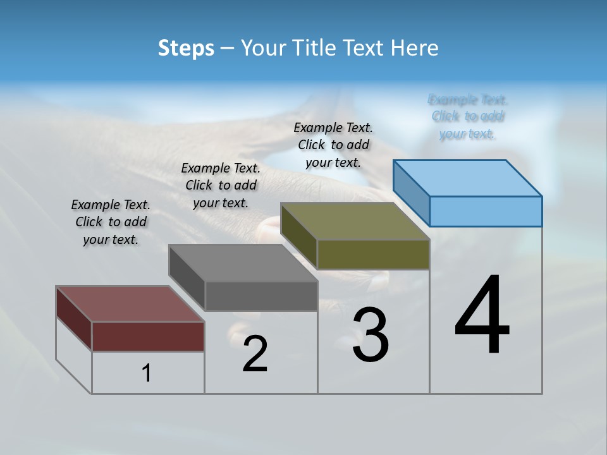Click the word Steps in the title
(186, 48)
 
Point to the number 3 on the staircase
(370, 335)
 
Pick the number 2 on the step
(255, 354)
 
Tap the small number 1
(147, 373)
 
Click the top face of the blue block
(468, 178)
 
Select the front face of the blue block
(486, 211)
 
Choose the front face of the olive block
(373, 254)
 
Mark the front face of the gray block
(261, 296)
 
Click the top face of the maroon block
(130, 304)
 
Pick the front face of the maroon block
(148, 336)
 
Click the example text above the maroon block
(111, 222)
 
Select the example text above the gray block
(221, 185)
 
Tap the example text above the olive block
(333, 145)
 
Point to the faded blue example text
(468, 116)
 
